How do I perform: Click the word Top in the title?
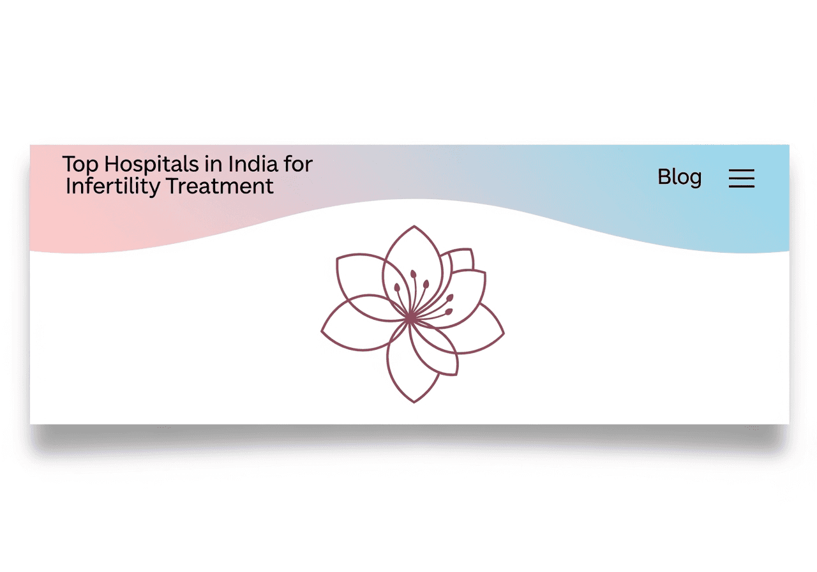(x=81, y=165)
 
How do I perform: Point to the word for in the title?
(x=298, y=164)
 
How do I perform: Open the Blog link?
(x=679, y=177)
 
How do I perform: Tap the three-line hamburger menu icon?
(x=741, y=178)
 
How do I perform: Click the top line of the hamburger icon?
(x=741, y=170)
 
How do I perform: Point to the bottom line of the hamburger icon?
(x=741, y=186)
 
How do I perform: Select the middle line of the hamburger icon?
(x=741, y=179)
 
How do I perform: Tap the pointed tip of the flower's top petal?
(x=414, y=227)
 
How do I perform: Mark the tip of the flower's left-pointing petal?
(x=322, y=331)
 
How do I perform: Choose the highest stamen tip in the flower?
(x=413, y=274)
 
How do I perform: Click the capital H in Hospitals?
(x=111, y=165)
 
